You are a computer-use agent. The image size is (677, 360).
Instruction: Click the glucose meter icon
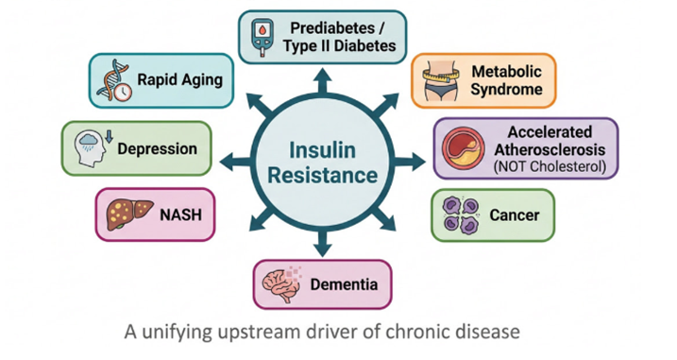coord(262,37)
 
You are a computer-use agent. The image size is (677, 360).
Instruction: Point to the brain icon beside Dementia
coord(282,284)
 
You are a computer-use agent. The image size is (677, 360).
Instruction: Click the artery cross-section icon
coord(463,147)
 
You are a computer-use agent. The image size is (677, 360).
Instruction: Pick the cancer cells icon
coord(461,215)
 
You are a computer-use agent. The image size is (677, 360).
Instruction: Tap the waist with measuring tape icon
coord(441,81)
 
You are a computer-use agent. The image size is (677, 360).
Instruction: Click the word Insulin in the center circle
coord(322,150)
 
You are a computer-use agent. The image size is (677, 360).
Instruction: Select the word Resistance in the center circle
coord(322,176)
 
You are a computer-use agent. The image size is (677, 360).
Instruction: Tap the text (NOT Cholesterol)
coord(550,166)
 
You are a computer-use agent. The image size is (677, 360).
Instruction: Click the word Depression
coord(157,148)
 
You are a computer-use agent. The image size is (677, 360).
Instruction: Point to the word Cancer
coord(515,214)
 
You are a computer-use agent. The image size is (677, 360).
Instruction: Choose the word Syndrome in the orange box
coord(506,89)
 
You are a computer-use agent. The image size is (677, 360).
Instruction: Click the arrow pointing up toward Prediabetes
coord(323,81)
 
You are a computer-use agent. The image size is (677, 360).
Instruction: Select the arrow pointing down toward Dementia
coord(323,244)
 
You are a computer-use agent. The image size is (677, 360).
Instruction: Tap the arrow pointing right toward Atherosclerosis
coord(409,163)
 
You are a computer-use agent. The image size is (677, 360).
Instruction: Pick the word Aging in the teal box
coord(203,80)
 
